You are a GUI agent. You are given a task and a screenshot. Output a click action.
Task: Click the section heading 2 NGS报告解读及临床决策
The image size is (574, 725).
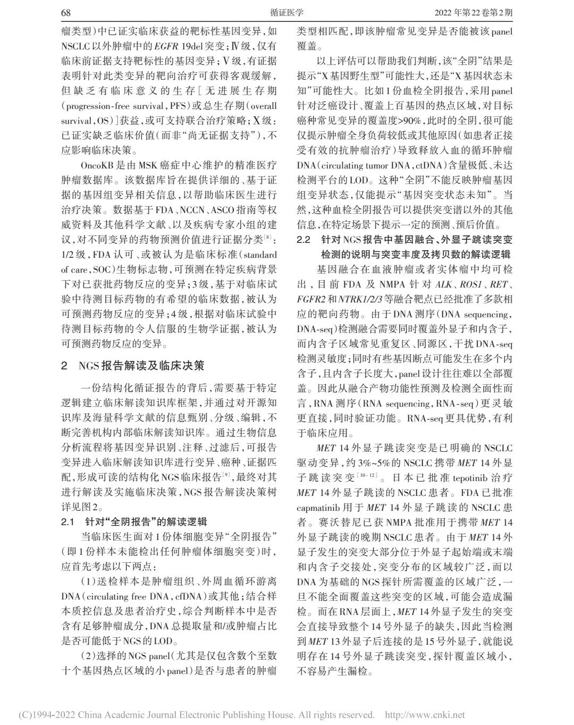coord(133,365)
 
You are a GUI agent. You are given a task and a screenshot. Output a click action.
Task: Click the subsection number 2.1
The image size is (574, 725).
coord(68,521)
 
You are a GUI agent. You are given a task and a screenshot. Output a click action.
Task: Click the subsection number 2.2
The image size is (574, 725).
coord(303,240)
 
